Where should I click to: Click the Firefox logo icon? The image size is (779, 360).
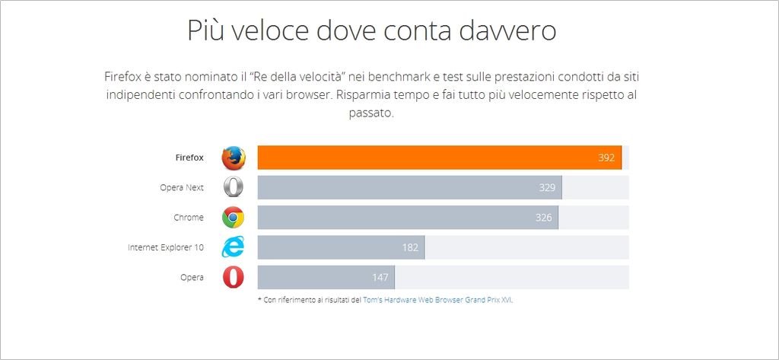pos(234,158)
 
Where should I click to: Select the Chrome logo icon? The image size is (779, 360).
pos(234,218)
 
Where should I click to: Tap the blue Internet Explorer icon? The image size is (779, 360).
pos(234,247)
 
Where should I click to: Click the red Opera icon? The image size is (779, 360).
pos(234,277)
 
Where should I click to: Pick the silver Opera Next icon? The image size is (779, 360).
pos(234,187)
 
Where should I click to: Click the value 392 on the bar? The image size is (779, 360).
pos(606,158)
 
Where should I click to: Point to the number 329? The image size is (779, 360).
pos(546,187)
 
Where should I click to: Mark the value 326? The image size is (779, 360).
pos(543,218)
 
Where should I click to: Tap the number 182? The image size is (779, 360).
pos(410,247)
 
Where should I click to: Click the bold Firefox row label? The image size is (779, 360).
pos(189,158)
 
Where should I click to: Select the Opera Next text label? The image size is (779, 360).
pos(182,187)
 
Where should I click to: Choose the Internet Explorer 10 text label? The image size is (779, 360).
pos(166,247)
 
